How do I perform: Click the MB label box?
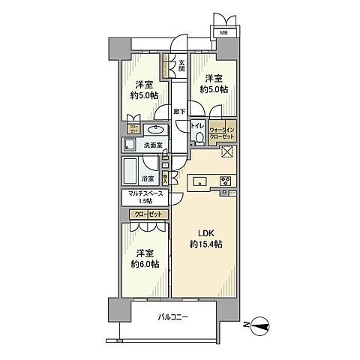tap(223, 31)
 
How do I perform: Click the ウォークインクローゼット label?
tap(223, 132)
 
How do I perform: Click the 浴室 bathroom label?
tap(148, 178)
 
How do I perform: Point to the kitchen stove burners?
tap(225, 180)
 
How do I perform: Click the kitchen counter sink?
tap(200, 180)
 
